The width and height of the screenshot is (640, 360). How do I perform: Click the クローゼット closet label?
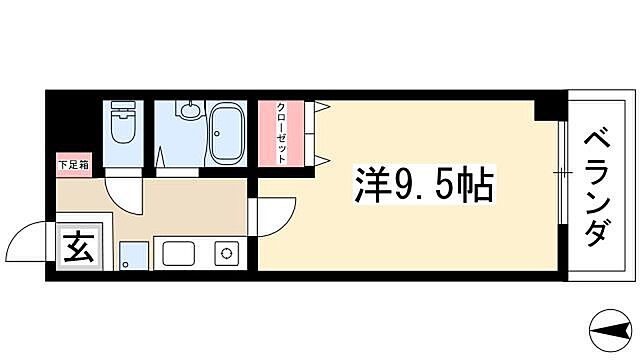tap(283, 133)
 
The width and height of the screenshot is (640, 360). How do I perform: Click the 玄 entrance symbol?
tap(77, 247)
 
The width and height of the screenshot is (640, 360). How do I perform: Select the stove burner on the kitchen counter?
tap(226, 253)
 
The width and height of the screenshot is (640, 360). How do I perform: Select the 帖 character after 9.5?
tap(471, 185)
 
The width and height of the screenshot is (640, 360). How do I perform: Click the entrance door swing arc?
tap(27, 241)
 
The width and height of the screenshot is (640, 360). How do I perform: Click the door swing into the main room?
tap(277, 211)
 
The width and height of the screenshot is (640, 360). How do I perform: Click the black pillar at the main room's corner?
tap(547, 107)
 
